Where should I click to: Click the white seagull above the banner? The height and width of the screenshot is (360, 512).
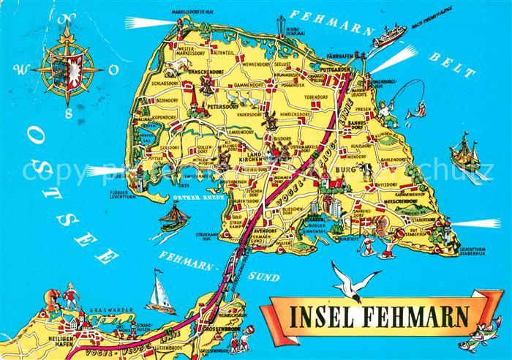(x=354, y=282)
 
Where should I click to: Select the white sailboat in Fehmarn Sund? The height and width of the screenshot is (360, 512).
(x=159, y=292)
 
